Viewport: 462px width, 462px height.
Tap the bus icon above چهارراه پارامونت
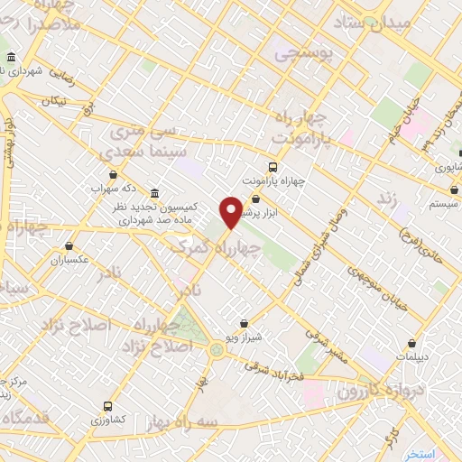(x=273, y=167)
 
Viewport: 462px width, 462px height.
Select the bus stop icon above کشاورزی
(x=108, y=406)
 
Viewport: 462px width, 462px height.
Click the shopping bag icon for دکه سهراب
(x=113, y=175)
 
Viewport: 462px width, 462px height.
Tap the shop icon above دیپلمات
(x=412, y=343)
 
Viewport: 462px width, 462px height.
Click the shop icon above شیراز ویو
(x=245, y=323)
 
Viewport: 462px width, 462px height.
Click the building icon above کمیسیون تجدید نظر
(x=155, y=193)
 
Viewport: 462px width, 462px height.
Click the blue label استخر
(x=420, y=453)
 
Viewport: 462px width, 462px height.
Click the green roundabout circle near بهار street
(x=217, y=348)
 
